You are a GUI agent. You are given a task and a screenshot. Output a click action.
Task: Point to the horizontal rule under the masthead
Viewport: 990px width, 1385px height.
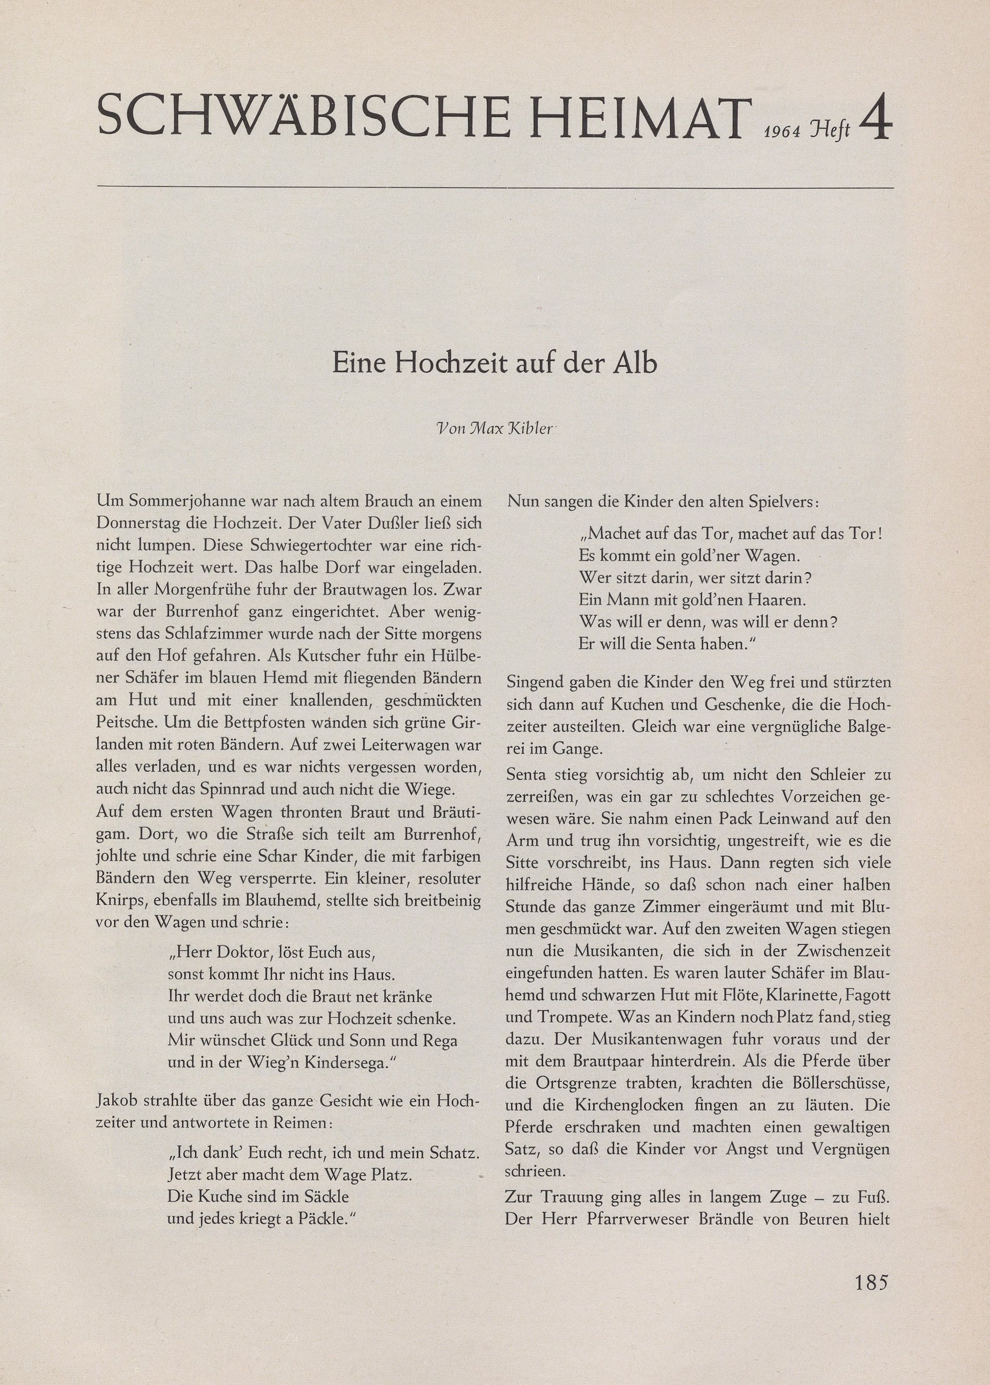click(x=495, y=187)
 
